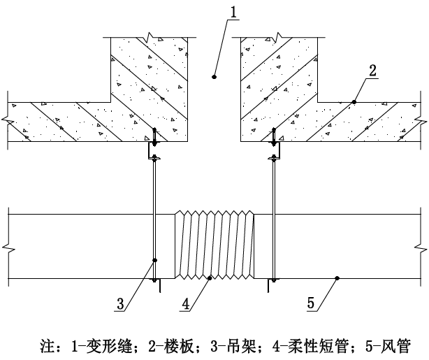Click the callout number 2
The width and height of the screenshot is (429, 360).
pos(373,70)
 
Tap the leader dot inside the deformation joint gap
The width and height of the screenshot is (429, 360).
pos(214,76)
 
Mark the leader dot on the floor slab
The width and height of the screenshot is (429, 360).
pos(354,102)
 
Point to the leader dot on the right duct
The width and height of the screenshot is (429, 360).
pos(337,278)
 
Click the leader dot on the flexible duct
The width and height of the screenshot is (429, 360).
pos(210,278)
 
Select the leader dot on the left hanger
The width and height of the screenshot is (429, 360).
pos(154,260)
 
